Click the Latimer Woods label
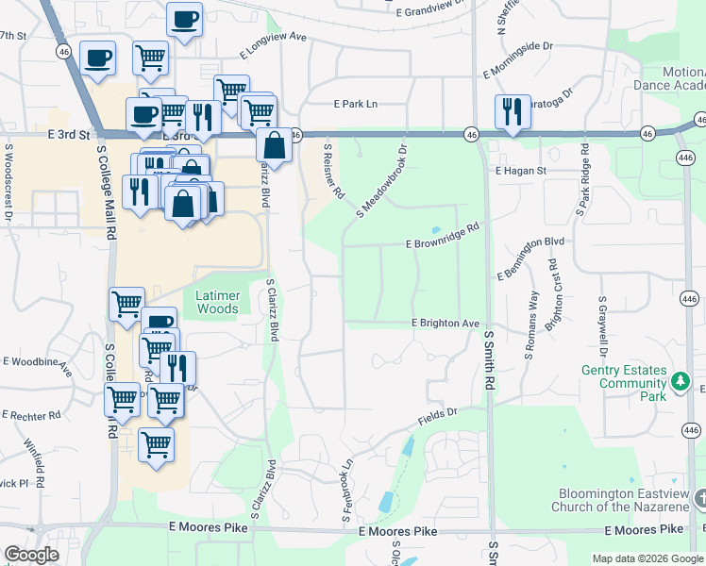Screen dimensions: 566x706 click(217, 302)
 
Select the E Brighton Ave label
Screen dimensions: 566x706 click(445, 323)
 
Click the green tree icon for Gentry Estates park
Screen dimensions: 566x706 click(679, 382)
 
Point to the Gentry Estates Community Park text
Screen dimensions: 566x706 click(624, 383)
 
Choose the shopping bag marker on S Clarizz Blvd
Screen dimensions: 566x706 click(274, 145)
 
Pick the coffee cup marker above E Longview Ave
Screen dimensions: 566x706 click(184, 19)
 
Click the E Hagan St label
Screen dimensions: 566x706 click(521, 171)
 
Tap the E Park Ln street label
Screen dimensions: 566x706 click(355, 105)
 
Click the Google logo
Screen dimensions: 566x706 click(31, 554)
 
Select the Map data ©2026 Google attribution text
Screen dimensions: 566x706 click(647, 558)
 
